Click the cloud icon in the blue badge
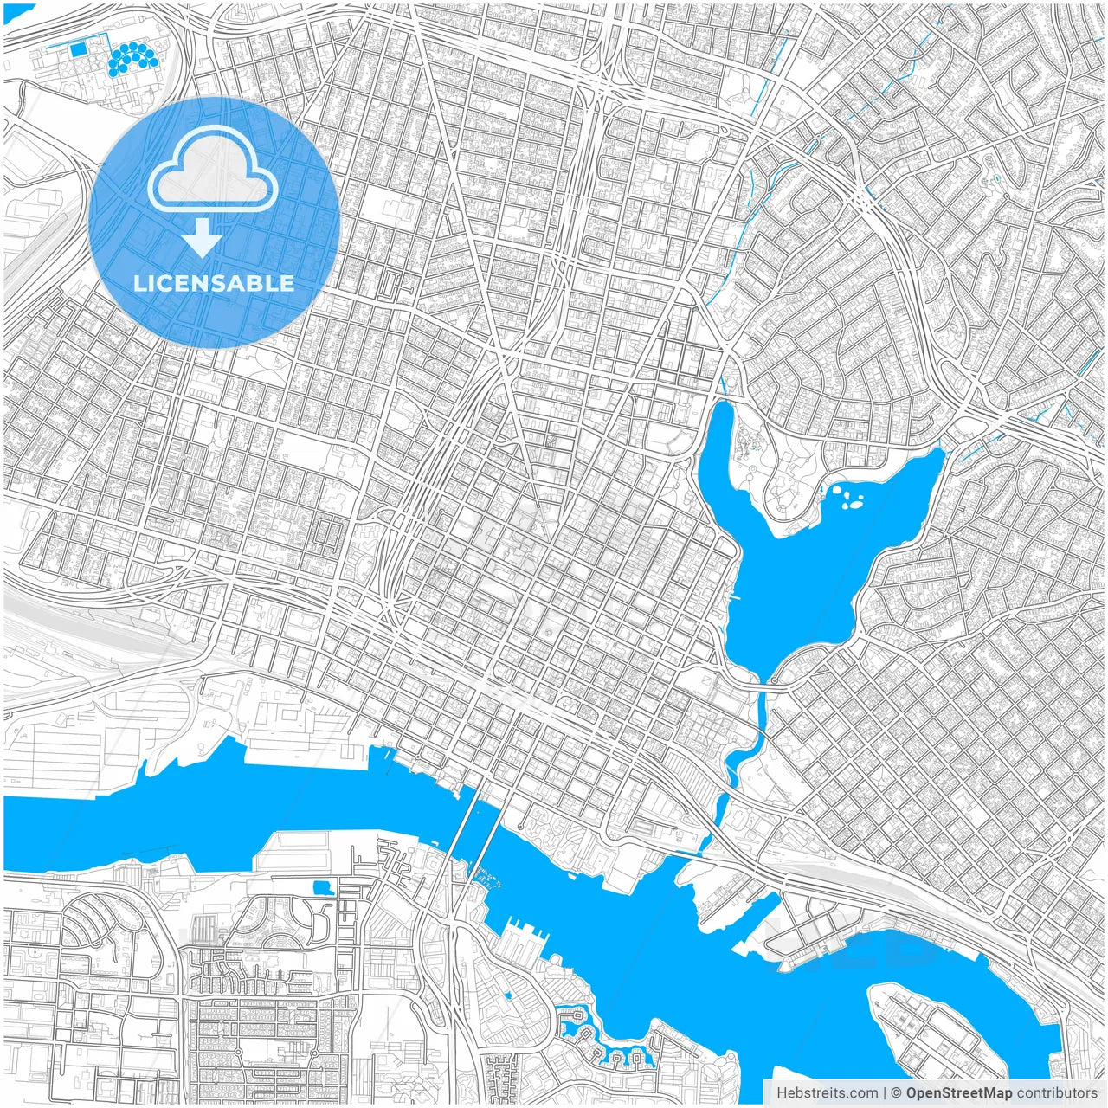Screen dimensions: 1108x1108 [213, 170]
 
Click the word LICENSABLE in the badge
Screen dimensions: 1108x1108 [213, 283]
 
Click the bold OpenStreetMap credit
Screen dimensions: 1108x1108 [958, 1093]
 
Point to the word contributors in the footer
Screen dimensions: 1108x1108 [1056, 1093]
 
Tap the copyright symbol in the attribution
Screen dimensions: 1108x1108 [897, 1093]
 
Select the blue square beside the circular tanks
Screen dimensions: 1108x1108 [79, 49]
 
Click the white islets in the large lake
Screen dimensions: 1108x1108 [848, 497]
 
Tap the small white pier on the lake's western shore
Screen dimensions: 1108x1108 [735, 597]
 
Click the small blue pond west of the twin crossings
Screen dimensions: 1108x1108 [324, 886]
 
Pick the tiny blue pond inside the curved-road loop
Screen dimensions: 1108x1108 [508, 995]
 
